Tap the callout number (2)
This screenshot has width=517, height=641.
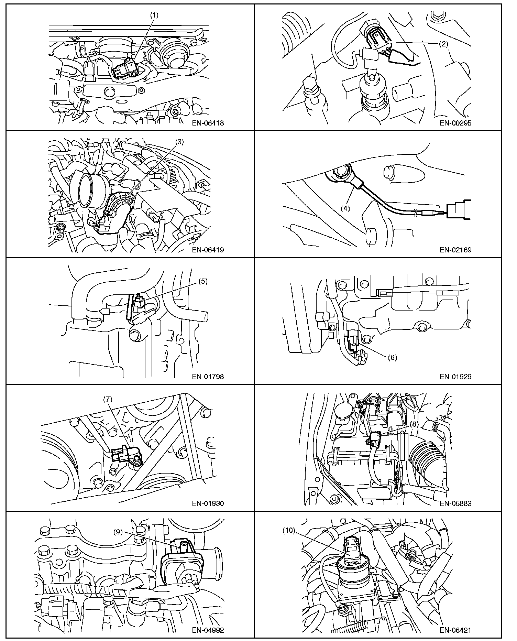443,44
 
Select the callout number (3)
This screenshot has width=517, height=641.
180,142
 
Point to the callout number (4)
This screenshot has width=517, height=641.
345,208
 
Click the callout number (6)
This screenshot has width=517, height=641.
392,357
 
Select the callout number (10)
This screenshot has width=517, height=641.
289,530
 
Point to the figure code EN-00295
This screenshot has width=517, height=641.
455,123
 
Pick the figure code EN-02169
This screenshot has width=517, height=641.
455,250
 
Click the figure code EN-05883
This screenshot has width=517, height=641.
455,503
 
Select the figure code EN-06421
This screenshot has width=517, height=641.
455,630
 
